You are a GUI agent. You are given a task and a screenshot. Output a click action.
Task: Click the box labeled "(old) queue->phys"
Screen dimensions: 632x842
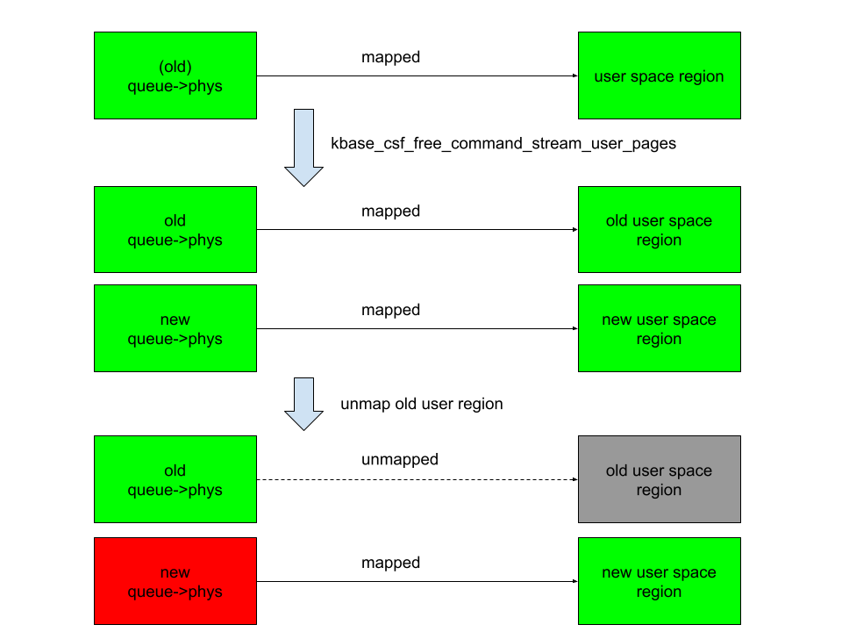pyautogui.click(x=175, y=75)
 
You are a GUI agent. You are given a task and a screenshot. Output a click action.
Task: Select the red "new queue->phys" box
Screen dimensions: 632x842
pyautogui.click(x=175, y=581)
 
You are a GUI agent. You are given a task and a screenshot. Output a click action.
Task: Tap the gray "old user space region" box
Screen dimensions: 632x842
pyautogui.click(x=659, y=479)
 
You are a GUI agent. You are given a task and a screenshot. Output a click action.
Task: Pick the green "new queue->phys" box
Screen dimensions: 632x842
pyautogui.click(x=175, y=328)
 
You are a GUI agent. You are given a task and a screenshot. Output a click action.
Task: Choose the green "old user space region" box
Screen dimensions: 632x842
pyautogui.click(x=659, y=230)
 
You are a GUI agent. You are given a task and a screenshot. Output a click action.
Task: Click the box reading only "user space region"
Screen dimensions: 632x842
pyautogui.click(x=659, y=75)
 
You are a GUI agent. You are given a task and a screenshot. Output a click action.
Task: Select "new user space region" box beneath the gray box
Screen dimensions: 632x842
pyautogui.click(x=659, y=581)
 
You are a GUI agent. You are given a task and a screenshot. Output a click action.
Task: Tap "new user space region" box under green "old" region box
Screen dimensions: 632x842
pyautogui.click(x=659, y=328)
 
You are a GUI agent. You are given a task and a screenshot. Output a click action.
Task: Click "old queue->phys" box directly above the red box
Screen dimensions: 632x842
pyautogui.click(x=175, y=479)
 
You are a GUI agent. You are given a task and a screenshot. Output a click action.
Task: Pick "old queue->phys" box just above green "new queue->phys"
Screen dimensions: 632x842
pyautogui.click(x=175, y=230)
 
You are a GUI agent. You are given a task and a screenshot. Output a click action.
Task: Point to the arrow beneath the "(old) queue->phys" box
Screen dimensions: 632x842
pyautogui.click(x=303, y=147)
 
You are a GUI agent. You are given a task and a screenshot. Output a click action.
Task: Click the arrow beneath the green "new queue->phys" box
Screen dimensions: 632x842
pyautogui.click(x=303, y=404)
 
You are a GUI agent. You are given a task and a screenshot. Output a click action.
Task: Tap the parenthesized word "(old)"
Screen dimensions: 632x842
pyautogui.click(x=175, y=67)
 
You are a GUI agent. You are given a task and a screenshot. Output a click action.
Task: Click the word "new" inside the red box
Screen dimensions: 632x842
pyautogui.click(x=175, y=572)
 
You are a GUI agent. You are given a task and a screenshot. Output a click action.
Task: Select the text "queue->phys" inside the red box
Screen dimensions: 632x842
pyautogui.click(x=175, y=592)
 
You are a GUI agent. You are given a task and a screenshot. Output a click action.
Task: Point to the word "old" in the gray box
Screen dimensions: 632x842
pyautogui.click(x=617, y=470)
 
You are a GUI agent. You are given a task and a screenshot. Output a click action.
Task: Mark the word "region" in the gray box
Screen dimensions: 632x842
pyautogui.click(x=659, y=490)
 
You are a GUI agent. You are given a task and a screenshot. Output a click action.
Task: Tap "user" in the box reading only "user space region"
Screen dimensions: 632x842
pyautogui.click(x=610, y=76)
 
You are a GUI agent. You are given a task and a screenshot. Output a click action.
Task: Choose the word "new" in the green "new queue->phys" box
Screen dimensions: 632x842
pyautogui.click(x=175, y=320)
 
